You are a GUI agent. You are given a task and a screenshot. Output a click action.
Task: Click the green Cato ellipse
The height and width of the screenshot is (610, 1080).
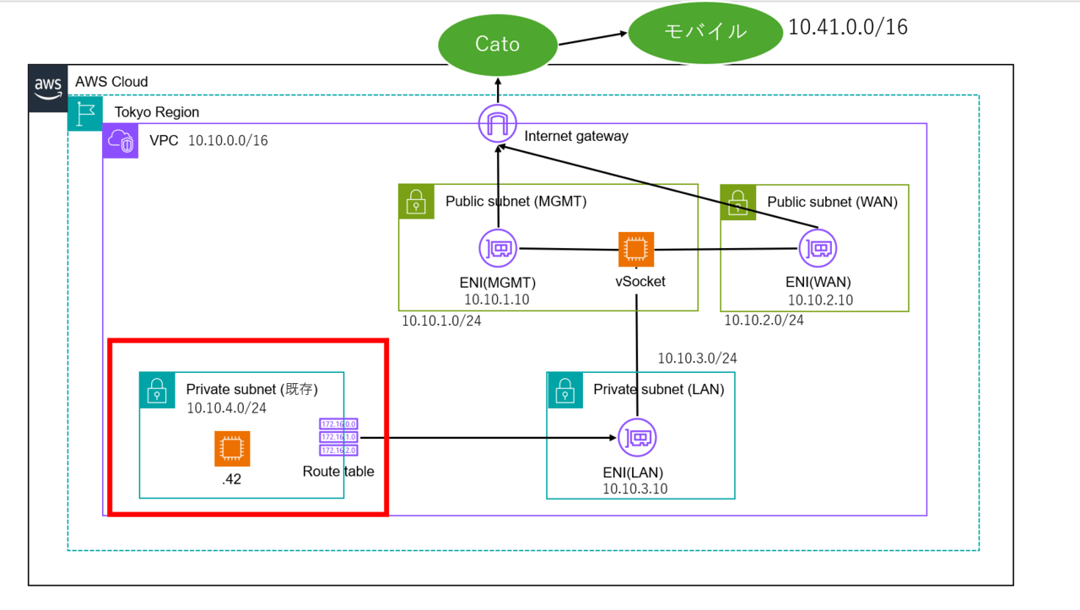498,44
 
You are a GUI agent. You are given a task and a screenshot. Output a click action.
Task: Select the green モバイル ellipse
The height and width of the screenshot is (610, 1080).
705,32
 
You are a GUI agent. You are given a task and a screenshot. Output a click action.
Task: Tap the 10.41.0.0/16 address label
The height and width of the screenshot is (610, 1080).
847,27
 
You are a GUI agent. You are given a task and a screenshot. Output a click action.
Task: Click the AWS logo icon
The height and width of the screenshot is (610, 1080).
47,88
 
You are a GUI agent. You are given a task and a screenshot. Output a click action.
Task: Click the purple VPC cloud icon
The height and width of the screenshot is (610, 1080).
121,141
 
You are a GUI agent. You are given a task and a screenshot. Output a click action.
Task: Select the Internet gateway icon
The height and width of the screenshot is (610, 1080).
498,125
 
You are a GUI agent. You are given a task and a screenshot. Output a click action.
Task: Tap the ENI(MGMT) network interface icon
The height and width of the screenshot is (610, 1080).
498,250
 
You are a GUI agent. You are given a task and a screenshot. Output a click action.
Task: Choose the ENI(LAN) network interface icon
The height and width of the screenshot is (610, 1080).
637,438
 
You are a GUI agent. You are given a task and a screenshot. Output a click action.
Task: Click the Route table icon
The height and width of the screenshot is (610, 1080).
338,438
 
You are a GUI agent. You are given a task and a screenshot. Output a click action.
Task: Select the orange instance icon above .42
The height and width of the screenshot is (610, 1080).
232,449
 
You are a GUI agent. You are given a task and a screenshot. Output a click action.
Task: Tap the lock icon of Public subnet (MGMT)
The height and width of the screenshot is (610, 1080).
416,202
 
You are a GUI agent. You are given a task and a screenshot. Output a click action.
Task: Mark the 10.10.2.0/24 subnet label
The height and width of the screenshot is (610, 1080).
764,321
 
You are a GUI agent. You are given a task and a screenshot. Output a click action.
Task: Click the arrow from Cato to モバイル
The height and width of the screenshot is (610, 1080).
592,37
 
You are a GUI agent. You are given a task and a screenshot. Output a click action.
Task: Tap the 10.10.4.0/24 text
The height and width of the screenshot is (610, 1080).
226,408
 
